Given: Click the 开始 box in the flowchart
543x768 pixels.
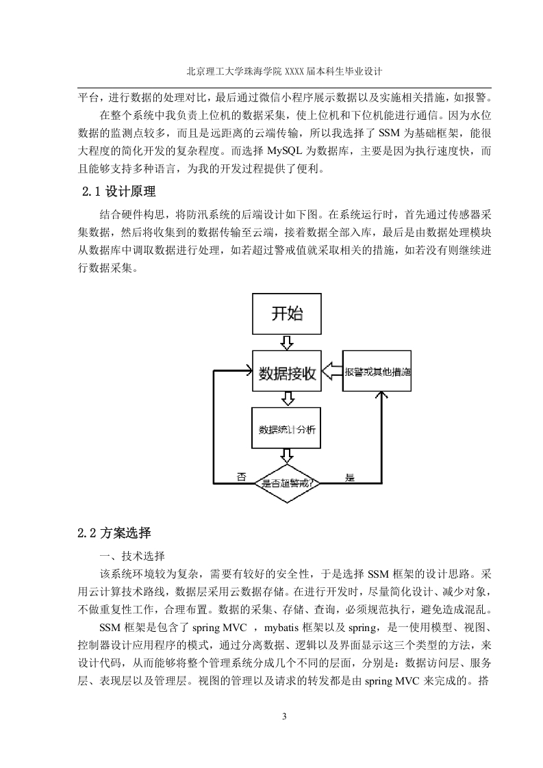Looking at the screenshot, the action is click(287, 314).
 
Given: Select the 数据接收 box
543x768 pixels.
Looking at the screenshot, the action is click(287, 371).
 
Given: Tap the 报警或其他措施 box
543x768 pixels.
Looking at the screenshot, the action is click(377, 371).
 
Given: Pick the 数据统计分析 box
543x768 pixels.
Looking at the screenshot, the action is click(286, 428).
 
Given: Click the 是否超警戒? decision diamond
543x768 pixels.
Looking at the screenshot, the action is click(287, 483).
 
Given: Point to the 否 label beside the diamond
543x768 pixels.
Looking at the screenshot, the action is click(242, 476).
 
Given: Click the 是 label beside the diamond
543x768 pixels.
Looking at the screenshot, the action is click(349, 477).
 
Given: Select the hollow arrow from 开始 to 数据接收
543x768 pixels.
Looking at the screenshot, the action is click(287, 342).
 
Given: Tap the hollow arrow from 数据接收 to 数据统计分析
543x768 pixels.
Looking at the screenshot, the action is click(287, 399).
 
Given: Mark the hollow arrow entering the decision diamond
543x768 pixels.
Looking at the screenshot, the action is click(287, 456).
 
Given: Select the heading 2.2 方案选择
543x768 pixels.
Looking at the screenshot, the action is click(114, 533).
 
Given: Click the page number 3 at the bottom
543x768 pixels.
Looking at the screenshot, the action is click(284, 717).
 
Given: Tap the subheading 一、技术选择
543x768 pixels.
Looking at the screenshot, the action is click(132, 556).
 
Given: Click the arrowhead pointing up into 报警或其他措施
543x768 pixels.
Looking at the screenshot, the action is click(381, 395).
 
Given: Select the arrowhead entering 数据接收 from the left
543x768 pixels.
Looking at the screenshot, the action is click(248, 371).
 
